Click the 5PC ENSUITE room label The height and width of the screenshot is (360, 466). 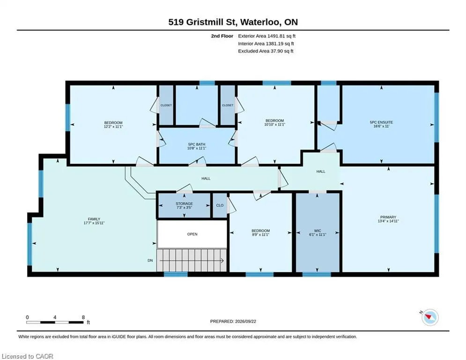[x=381, y=122]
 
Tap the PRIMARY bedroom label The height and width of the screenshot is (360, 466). [x=388, y=217]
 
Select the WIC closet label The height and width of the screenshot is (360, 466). [x=318, y=231]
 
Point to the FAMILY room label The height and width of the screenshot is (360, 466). [x=94, y=219]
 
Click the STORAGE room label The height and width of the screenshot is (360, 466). [x=184, y=203]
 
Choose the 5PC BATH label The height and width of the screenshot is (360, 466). [x=196, y=144]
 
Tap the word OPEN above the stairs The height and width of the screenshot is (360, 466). [x=192, y=234]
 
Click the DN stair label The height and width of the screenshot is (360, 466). [x=150, y=260]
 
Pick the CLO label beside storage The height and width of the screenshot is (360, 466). [x=220, y=205]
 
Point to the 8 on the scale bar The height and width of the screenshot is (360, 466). [x=83, y=317]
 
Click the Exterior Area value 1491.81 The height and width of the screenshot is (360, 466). [x=276, y=36]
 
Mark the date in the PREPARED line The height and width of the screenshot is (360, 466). [x=245, y=321]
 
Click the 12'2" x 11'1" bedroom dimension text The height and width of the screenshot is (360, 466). [x=113, y=127]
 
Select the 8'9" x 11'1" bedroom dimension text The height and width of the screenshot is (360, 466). [x=261, y=234]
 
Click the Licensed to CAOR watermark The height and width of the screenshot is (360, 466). [x=27, y=356]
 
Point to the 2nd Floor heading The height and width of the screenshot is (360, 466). [x=222, y=36]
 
